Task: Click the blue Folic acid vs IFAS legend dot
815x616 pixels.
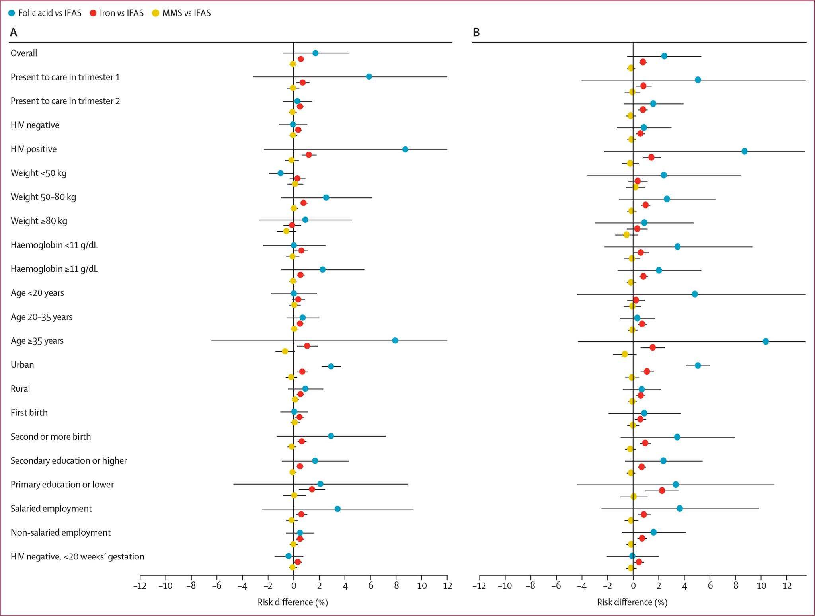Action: click(x=12, y=13)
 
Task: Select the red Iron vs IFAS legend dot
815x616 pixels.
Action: click(x=93, y=13)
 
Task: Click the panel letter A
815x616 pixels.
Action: click(x=14, y=33)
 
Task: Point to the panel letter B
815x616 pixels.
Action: click(x=476, y=33)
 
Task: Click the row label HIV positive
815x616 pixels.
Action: click(x=33, y=149)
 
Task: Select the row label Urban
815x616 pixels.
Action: click(x=22, y=365)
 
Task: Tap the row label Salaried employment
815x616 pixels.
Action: click(x=51, y=509)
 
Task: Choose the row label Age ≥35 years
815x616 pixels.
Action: click(x=37, y=341)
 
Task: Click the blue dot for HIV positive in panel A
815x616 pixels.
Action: click(x=405, y=149)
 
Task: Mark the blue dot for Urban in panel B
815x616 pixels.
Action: click(x=698, y=365)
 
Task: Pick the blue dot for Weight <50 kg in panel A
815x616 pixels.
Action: click(x=281, y=173)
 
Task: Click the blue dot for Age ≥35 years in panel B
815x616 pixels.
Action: click(x=766, y=341)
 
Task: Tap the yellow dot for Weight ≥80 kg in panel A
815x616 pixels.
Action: click(x=286, y=231)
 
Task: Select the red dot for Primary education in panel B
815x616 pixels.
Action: click(x=662, y=491)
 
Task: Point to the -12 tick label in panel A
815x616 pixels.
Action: click(x=140, y=586)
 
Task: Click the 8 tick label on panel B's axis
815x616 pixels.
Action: click(x=735, y=586)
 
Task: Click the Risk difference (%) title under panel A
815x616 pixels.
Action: click(x=292, y=602)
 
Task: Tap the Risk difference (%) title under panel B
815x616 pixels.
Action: click(x=632, y=602)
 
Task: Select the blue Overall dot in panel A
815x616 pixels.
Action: click(x=315, y=53)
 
